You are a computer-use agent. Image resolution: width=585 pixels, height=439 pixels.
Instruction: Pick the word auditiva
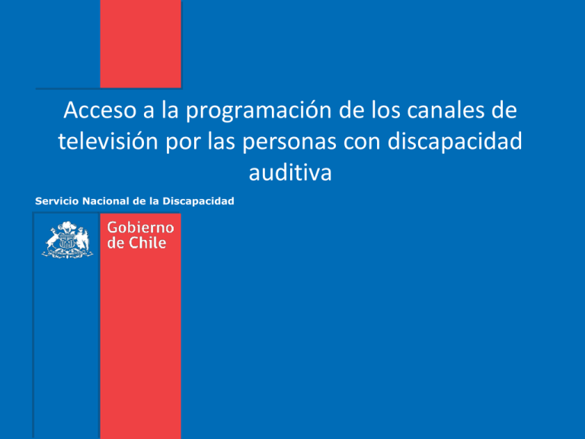pos(290,172)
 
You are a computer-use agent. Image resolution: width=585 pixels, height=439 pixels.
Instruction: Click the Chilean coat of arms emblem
pos(67,239)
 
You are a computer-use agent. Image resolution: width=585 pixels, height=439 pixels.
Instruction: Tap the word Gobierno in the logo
pos(140,229)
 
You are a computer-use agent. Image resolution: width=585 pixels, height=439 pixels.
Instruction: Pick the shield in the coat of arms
pos(67,243)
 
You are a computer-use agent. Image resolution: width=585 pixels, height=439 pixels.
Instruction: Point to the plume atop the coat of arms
pos(67,226)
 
